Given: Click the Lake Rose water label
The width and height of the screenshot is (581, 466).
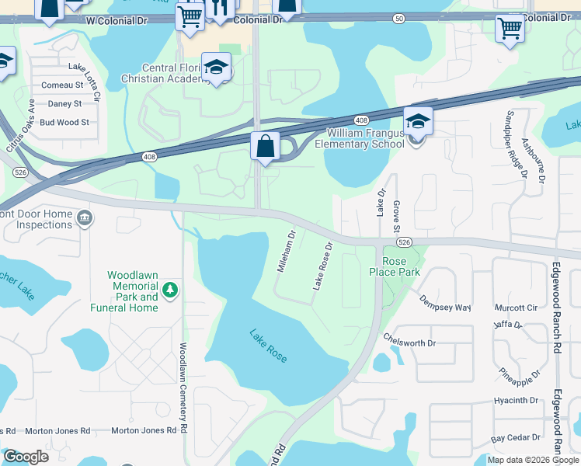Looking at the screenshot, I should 269,346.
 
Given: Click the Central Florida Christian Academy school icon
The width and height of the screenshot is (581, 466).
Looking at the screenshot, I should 217,68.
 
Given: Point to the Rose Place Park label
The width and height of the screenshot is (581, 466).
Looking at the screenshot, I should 401,266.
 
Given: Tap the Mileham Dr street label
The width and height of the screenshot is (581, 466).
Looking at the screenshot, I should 287,250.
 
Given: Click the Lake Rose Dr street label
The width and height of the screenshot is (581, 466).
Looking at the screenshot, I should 323,266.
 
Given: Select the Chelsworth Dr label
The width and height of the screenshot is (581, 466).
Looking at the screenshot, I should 410,340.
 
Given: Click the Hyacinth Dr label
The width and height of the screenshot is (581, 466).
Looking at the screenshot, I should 516,401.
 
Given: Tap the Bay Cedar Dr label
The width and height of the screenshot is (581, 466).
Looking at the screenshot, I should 514,439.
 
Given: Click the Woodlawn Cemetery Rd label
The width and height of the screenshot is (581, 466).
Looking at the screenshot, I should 184,388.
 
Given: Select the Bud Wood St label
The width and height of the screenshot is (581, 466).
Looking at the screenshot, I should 64,122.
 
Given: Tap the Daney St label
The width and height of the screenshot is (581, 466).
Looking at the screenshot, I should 65,103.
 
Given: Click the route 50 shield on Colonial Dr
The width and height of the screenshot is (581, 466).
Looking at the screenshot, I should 398,17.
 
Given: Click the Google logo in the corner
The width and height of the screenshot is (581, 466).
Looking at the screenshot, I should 26,457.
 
